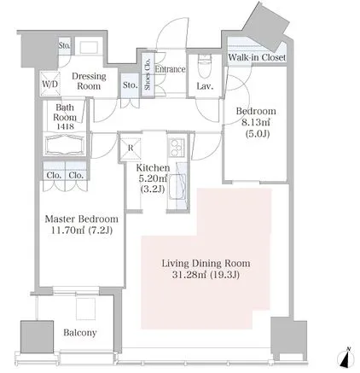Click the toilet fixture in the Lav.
tap(203, 67)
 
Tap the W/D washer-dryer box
tap(50, 84)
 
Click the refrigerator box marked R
tap(131, 148)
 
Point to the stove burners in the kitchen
tap(177, 149)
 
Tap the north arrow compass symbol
tap(346, 358)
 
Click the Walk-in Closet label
tap(257, 57)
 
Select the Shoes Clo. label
tap(148, 74)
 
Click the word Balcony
tap(80, 333)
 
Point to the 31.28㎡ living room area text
tap(191, 275)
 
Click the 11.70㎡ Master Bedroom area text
tap(67, 230)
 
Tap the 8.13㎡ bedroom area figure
tap(256, 122)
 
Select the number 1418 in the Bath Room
tap(65, 126)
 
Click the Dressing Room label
tap(89, 81)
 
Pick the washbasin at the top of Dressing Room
tap(89, 47)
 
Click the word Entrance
tap(170, 69)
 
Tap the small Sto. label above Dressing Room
tap(65, 45)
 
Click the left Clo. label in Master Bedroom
tap(54, 175)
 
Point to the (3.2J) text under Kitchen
tap(153, 189)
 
